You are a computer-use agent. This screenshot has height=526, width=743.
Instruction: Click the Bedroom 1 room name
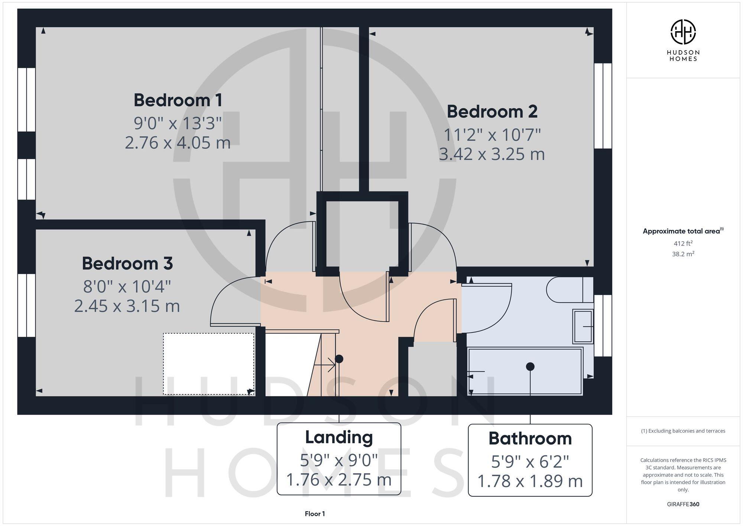(178, 100)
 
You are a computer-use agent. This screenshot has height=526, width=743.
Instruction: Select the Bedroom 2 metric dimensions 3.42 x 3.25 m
(491, 154)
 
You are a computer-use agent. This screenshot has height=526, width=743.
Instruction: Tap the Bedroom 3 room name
(127, 263)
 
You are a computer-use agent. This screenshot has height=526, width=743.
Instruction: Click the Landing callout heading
(339, 437)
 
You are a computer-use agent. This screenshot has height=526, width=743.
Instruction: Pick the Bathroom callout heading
(530, 438)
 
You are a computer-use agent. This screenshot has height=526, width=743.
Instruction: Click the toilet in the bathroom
(565, 290)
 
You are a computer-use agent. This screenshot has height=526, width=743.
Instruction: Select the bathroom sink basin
(583, 326)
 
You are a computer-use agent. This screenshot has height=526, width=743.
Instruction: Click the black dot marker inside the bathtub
(530, 367)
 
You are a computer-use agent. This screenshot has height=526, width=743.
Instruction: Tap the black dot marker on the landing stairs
(339, 359)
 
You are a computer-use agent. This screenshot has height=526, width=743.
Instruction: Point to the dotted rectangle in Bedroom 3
(208, 364)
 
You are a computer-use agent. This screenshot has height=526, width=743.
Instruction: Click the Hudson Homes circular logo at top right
(683, 32)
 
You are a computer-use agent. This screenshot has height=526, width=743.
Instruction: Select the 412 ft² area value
(683, 243)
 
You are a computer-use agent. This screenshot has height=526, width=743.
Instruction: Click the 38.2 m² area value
(683, 254)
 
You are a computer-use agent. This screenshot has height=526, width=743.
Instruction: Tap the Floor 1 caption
(315, 514)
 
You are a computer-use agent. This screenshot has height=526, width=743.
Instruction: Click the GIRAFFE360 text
(683, 504)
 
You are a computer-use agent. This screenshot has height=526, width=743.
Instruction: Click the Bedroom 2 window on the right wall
(603, 106)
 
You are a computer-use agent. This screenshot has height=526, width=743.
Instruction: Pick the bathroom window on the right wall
(603, 326)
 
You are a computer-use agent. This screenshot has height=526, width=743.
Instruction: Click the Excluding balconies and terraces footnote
(683, 431)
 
